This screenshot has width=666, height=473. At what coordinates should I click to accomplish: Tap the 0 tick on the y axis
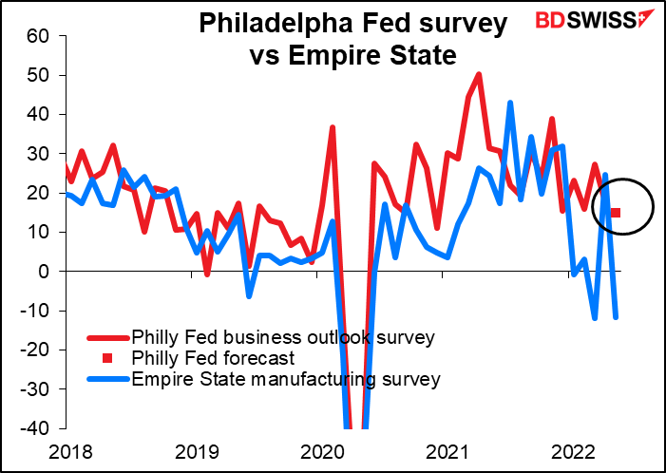[x=42, y=272]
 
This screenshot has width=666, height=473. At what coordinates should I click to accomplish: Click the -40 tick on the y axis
[x=33, y=428]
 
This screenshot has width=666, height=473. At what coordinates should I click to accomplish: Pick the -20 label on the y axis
[x=33, y=350]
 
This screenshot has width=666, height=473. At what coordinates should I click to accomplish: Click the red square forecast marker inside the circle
[x=616, y=213]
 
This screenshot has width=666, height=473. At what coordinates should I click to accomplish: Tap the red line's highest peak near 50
[x=479, y=74]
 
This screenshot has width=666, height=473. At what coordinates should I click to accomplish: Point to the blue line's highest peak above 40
[x=510, y=103]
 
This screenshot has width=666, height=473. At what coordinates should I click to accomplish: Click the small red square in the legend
[x=106, y=358]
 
